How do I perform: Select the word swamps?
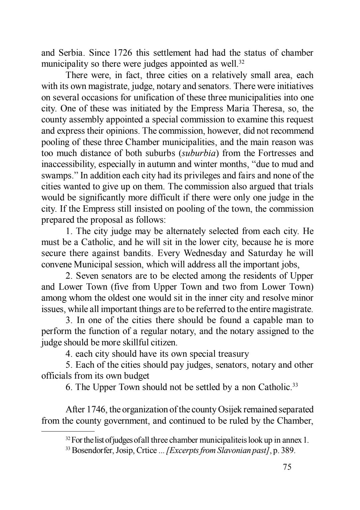(x=53, y=176)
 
